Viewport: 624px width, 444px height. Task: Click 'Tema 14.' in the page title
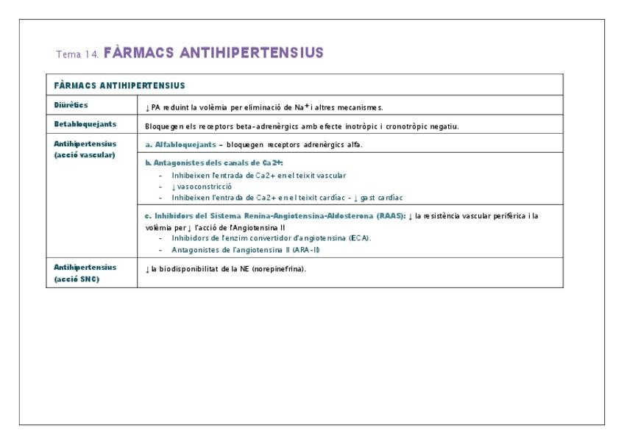pyautogui.click(x=77, y=54)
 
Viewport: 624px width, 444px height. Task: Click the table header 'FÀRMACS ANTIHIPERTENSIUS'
pyautogui.click(x=118, y=86)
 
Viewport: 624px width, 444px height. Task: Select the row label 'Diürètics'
pyautogui.click(x=71, y=106)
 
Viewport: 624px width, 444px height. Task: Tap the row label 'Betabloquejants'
pyautogui.click(x=85, y=124)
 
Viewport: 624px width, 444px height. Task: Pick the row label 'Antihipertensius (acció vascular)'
pyautogui.click(x=85, y=148)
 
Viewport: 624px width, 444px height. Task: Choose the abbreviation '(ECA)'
pyautogui.click(x=358, y=238)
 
